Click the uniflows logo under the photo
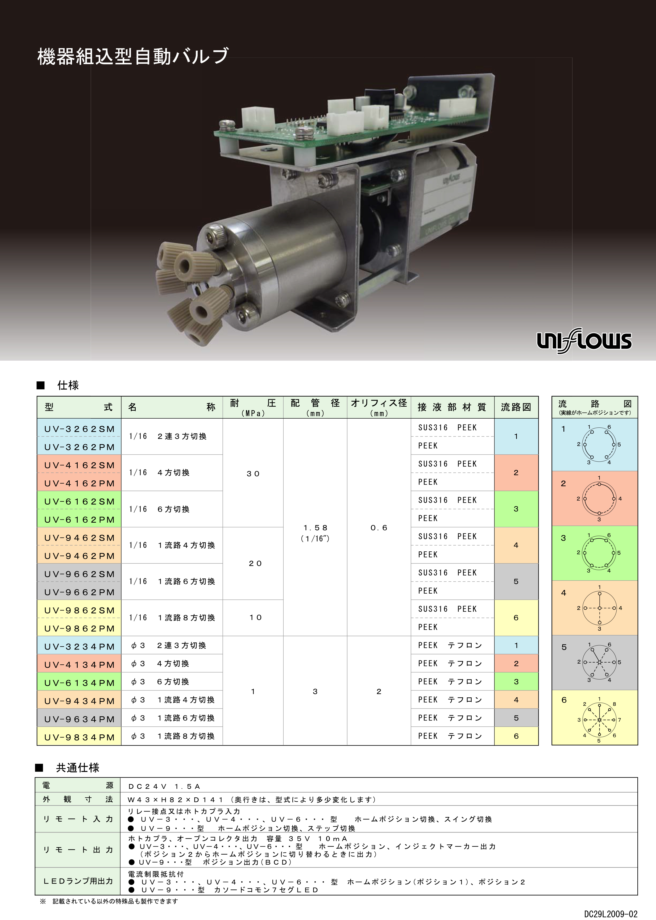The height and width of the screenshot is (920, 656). point(584,340)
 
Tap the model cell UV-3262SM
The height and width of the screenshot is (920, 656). point(80,429)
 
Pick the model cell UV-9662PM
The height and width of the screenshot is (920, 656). point(80,592)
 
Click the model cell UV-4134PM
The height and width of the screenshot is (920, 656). point(80,665)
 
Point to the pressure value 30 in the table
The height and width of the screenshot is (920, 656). point(253,473)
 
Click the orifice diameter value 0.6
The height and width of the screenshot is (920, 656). point(379,527)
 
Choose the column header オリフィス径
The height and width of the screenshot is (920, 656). point(379,403)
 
